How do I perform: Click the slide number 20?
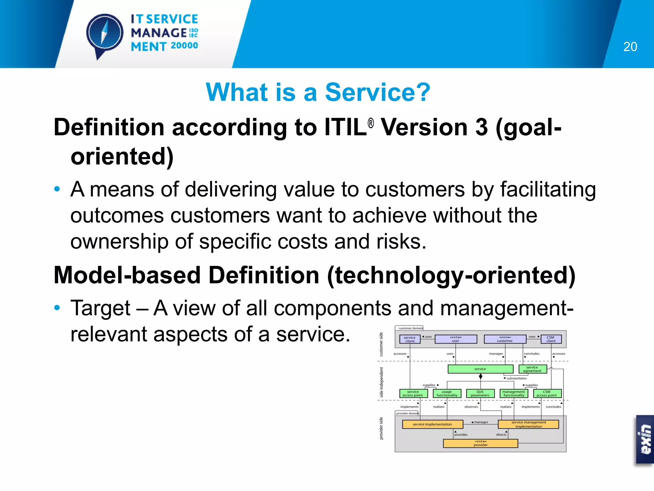[x=630, y=47]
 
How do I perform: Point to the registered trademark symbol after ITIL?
[x=370, y=123]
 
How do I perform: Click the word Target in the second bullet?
[x=100, y=308]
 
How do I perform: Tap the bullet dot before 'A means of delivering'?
[x=57, y=189]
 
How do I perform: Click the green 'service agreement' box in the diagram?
[x=532, y=369]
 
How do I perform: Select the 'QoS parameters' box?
[x=480, y=394]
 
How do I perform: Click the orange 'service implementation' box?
[x=432, y=424]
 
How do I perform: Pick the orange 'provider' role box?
[x=480, y=443]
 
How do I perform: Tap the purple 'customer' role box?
[x=505, y=339]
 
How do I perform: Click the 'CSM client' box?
[x=551, y=339]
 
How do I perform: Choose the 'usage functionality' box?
[x=447, y=394]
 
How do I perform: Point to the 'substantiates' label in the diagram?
[x=516, y=378]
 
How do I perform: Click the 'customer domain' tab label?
[x=410, y=328]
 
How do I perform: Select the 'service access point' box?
[x=413, y=394]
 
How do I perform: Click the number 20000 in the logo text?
[x=184, y=46]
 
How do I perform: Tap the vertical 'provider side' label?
[x=381, y=428]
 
